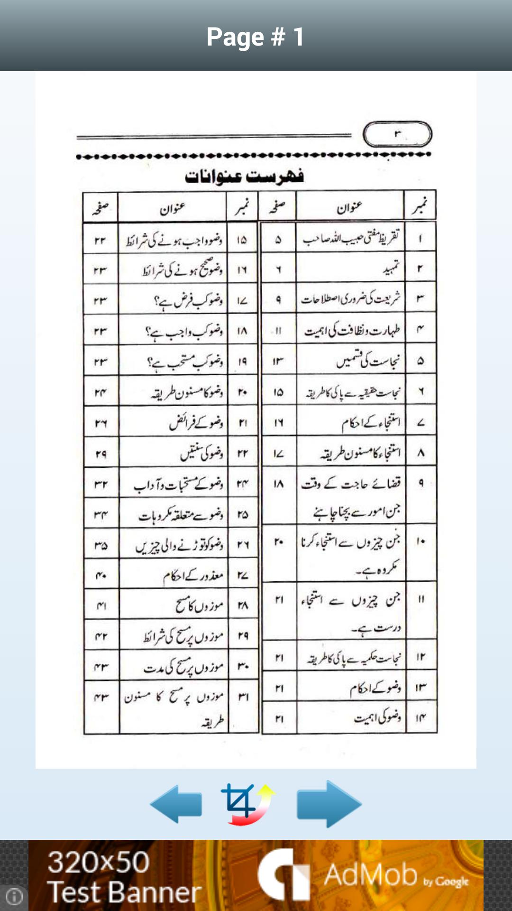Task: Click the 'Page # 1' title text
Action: [x=256, y=37]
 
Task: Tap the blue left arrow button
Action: [x=176, y=804]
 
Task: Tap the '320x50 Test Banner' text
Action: [x=124, y=877]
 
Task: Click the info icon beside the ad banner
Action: [x=14, y=896]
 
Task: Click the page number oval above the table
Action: [x=397, y=134]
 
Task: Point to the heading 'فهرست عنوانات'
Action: [x=244, y=177]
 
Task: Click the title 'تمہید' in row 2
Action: [x=392, y=269]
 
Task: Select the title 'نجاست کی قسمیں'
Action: [x=368, y=361]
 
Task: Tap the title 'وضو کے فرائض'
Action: [x=196, y=422]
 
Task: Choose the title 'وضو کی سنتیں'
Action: [x=201, y=453]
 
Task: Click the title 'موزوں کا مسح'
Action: [x=199, y=605]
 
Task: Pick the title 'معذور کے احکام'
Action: [x=193, y=576]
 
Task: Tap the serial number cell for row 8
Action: [x=421, y=453]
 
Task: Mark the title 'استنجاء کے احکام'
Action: [x=371, y=422]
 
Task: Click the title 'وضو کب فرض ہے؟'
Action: [x=188, y=300]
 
